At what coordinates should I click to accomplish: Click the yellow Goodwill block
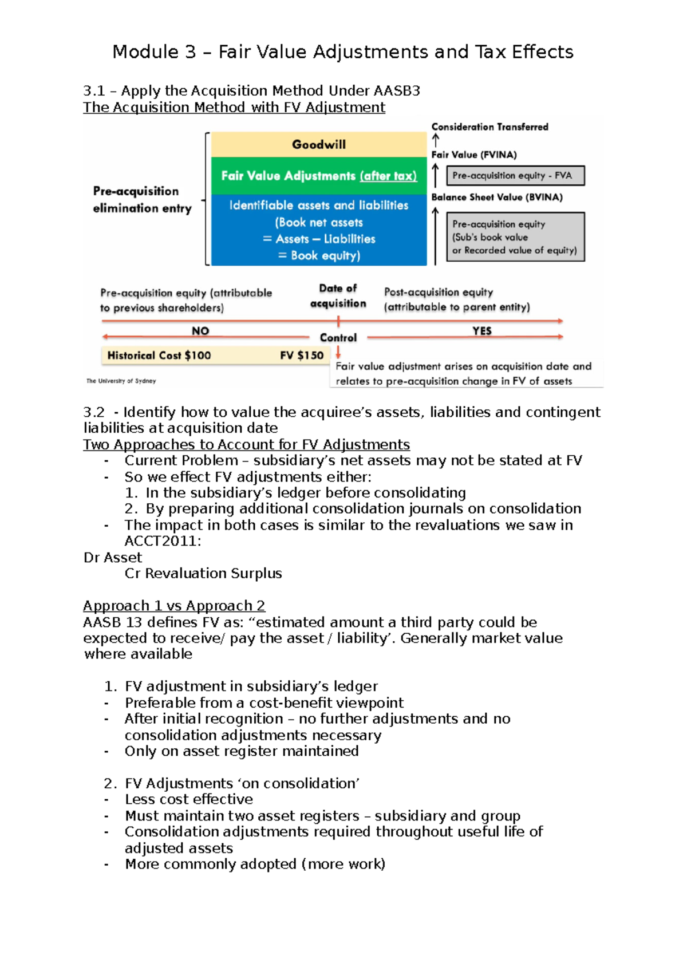coord(319,144)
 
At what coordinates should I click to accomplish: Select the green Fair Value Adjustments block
coord(319,176)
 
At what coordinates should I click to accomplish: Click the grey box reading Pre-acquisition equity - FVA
coord(515,176)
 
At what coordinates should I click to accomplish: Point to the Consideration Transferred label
coord(489,127)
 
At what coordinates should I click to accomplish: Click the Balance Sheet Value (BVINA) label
coord(497,197)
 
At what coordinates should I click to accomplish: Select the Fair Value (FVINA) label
coord(474,155)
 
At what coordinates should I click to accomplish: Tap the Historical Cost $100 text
coord(159,356)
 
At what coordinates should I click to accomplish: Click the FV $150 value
coord(302,356)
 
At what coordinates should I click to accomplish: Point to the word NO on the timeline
coord(200,331)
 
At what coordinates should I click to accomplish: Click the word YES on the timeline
coord(482,331)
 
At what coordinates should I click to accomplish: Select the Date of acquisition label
coord(338,296)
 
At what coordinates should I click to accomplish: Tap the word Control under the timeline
coord(338,338)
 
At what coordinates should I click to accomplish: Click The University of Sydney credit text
coord(121,381)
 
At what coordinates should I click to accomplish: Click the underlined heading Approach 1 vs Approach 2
coord(174,606)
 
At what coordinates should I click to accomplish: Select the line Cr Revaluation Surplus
coord(203,573)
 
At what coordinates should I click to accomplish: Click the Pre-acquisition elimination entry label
coord(142,199)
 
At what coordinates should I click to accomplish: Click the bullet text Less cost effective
coord(189,799)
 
